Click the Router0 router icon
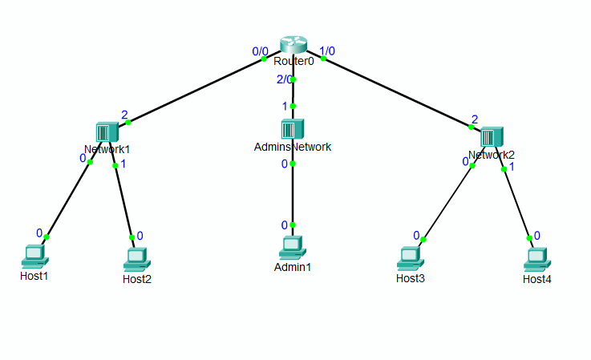pos(293,46)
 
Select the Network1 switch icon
pos(107,132)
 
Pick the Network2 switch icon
pos(492,137)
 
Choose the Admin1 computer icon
pos(293,247)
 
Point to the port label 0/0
pos(260,51)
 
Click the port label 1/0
pos(327,51)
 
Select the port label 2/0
pos(284,79)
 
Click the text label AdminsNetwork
pos(293,147)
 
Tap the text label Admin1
pos(293,266)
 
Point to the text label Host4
pos(536,279)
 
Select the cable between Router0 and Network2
pos(393,90)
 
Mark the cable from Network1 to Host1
pos(68,200)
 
